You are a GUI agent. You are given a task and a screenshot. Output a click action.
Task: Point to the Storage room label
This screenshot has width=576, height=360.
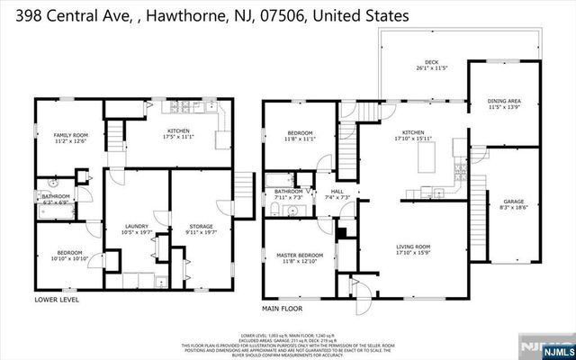pyautogui.click(x=201, y=227)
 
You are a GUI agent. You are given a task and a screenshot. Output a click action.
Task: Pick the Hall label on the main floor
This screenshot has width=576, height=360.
pyautogui.click(x=337, y=193)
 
